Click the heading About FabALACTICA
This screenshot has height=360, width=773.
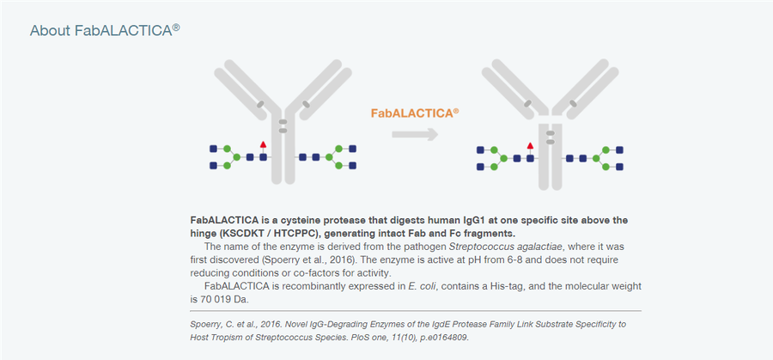pos(105,31)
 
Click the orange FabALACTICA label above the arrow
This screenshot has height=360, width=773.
pos(415,113)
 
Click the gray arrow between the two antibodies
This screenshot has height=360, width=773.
pos(415,134)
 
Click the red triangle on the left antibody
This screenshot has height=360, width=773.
pos(264,144)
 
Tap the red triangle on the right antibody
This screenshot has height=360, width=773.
pos(530,145)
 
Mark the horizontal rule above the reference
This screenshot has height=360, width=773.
pos(415,311)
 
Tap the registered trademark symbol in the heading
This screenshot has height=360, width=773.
pos(176,27)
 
